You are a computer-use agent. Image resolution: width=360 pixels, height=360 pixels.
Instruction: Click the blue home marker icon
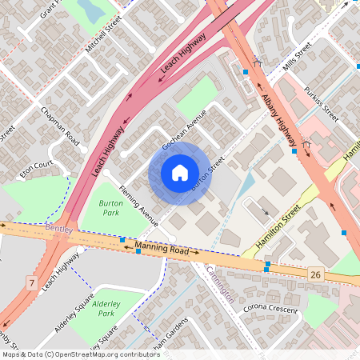179,173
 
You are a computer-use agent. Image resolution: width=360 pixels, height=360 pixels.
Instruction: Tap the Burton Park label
111,209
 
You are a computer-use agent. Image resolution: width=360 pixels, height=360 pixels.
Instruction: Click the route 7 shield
31,283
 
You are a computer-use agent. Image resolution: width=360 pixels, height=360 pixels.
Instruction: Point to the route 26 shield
316,274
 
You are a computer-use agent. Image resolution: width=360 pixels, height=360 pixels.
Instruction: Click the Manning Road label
167,250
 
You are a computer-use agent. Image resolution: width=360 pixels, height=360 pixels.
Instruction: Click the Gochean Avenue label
185,129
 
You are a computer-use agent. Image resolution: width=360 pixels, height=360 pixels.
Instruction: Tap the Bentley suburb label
59,230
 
